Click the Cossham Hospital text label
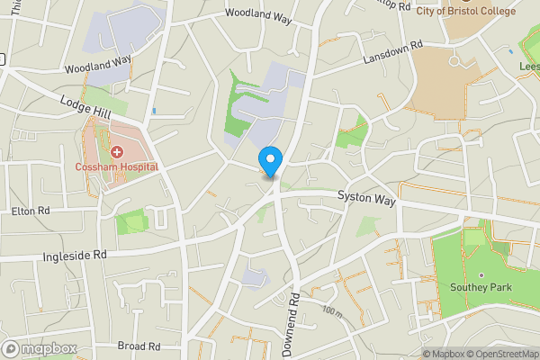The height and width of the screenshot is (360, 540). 117,166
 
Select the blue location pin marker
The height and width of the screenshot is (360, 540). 269,161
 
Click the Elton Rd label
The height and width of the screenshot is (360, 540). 30,211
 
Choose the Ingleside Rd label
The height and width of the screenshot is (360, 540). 74,256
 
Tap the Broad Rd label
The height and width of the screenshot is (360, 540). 139,346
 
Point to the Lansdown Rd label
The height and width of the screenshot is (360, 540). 392,56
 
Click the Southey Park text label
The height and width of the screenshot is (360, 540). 480,287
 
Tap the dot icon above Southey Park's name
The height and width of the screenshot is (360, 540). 480,274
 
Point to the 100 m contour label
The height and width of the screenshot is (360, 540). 332,312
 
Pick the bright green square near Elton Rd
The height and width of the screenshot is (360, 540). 130,220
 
